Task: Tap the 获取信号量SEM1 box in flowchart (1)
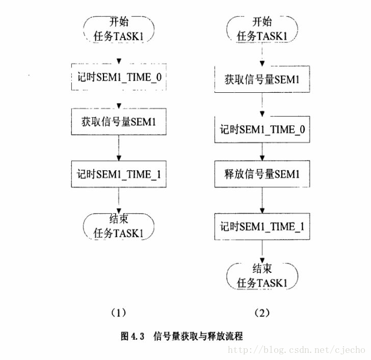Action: [118, 122]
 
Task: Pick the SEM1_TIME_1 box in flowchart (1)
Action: [118, 174]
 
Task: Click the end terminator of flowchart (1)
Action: [118, 226]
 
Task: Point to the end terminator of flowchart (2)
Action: [262, 276]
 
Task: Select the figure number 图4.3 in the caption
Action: [133, 336]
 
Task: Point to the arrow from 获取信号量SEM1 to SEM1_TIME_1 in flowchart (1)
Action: [118, 148]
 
